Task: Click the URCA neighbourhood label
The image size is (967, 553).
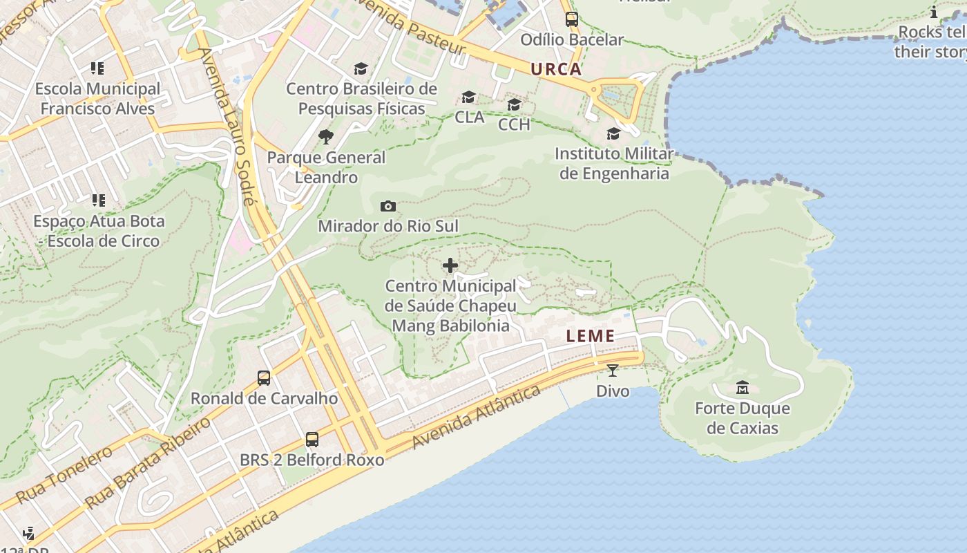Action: point(556,69)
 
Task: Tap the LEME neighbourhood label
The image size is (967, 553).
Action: point(591,337)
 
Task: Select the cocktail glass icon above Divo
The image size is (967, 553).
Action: point(612,371)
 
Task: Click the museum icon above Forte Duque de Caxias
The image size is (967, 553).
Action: point(743,387)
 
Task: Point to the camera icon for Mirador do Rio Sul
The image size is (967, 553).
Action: point(388,206)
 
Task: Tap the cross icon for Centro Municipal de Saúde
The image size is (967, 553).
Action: point(450,265)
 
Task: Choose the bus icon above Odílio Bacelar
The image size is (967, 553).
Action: point(572,19)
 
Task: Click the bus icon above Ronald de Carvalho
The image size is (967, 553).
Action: point(264,378)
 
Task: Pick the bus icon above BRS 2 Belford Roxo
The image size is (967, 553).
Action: point(312,440)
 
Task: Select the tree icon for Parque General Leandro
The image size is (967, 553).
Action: point(326,137)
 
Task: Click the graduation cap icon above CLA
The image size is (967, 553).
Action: point(469,97)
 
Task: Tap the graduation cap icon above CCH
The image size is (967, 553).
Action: point(514,104)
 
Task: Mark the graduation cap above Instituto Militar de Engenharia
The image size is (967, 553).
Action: point(613,133)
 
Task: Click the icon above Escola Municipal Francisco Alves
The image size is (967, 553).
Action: point(97,68)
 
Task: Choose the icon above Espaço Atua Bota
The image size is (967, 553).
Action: point(99,200)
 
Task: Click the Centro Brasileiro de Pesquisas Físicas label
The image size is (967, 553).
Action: point(362,98)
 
